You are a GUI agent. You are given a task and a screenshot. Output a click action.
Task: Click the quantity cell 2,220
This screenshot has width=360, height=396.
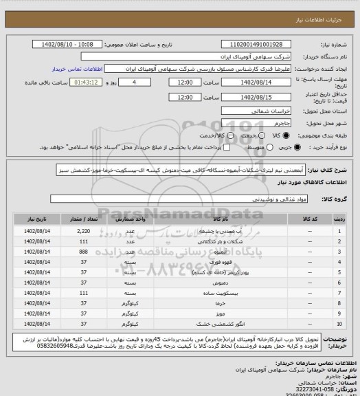85,233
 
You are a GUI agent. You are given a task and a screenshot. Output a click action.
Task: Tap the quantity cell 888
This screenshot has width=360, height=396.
85,253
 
